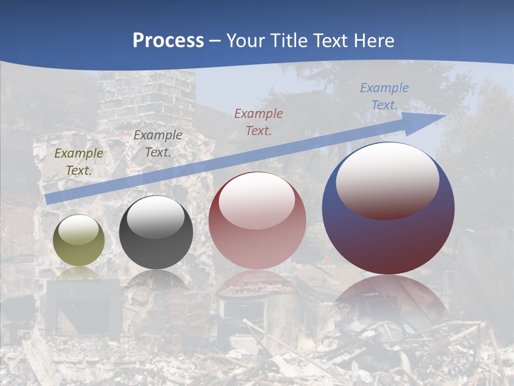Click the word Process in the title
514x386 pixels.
pyautogui.click(x=168, y=41)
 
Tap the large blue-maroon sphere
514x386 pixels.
pyautogui.click(x=388, y=236)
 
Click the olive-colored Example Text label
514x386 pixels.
pyautogui.click(x=79, y=162)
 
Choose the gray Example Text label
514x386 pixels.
pyautogui.click(x=157, y=144)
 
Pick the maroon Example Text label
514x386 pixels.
pyautogui.click(x=259, y=122)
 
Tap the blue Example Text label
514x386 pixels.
pyautogui.click(x=384, y=96)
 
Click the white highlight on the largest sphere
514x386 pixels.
pyautogui.click(x=387, y=180)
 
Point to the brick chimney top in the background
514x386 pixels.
pyautogui.click(x=147, y=91)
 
